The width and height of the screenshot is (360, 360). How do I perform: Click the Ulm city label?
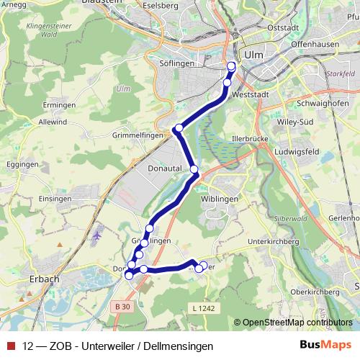coord(254,54)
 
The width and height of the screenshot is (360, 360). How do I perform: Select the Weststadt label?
coord(251,94)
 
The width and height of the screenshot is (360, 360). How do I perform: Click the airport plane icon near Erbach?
coord(98,235)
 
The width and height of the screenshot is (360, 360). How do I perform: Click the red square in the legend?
coord(11,344)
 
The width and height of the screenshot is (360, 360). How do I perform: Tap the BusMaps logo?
coord(325,344)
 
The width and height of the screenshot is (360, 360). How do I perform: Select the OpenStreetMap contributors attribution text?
coord(296,323)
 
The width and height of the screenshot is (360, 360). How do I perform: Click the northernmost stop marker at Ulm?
coord(231,66)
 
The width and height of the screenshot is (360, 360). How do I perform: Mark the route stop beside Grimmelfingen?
coord(178,129)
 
